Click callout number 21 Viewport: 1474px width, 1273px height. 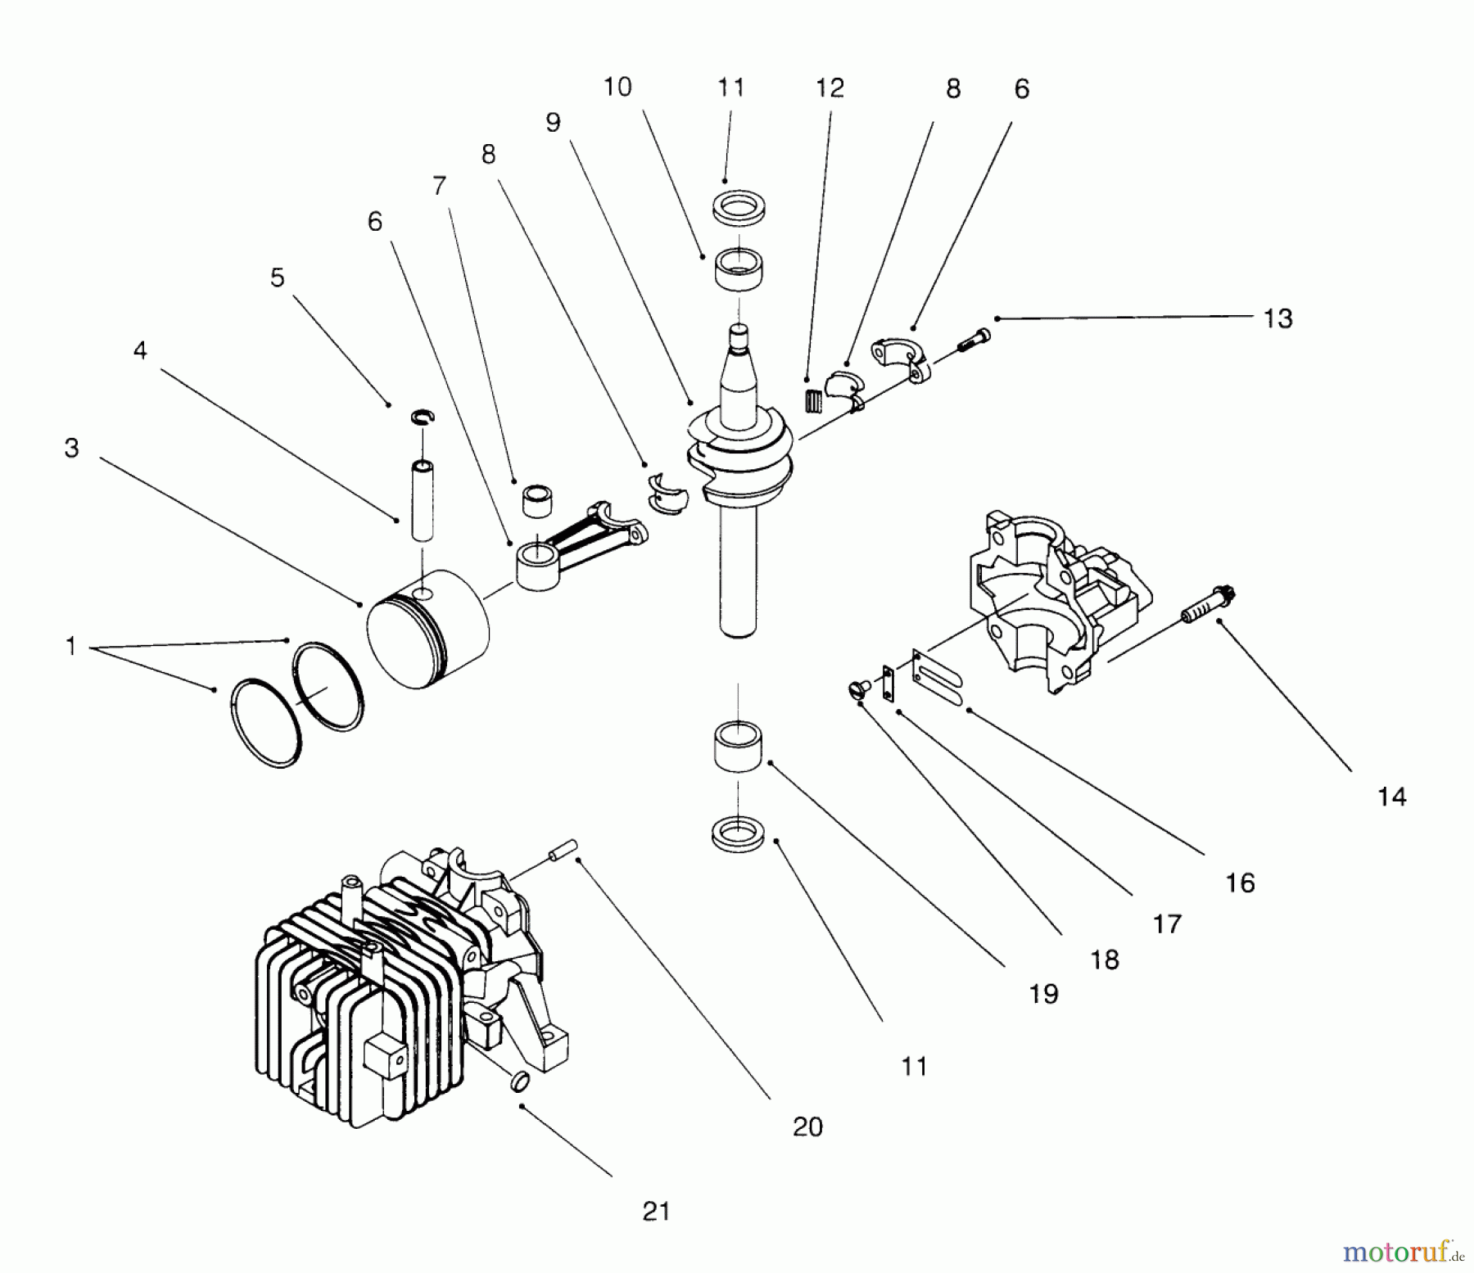(656, 1212)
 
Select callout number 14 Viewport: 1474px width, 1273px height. (1391, 797)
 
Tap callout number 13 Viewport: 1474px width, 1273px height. (1277, 318)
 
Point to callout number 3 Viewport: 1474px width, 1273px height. (72, 448)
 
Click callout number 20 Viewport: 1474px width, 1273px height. (807, 1127)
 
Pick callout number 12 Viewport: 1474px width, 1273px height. (830, 88)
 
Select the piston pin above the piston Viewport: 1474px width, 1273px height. (423, 500)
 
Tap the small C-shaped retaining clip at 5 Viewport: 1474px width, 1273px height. (423, 418)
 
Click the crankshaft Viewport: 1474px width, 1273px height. (737, 491)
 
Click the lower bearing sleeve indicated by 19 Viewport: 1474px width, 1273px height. (738, 746)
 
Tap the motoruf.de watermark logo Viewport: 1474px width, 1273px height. (1401, 1251)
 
